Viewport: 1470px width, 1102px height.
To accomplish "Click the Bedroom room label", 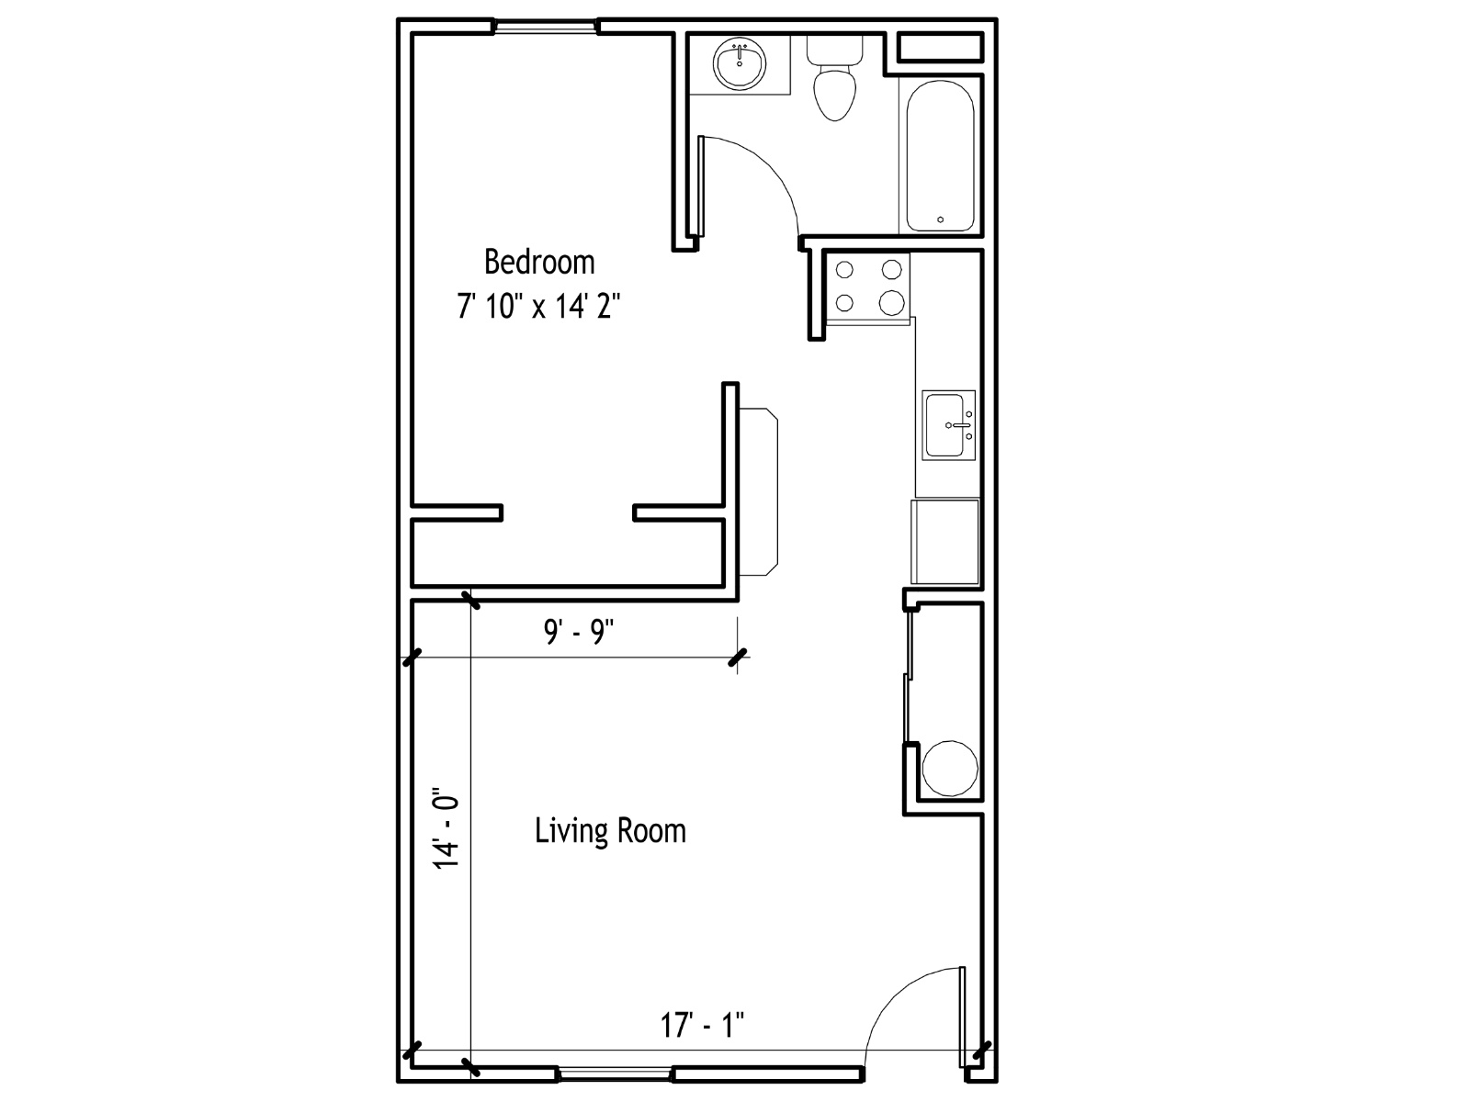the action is tap(539, 262).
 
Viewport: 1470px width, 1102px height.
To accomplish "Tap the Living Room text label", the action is tap(610, 830).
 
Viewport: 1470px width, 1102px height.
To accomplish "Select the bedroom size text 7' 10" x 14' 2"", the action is tap(538, 307).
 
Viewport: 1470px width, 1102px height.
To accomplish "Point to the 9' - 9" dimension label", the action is tap(579, 631).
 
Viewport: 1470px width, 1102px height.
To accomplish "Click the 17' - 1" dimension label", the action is tap(703, 1024).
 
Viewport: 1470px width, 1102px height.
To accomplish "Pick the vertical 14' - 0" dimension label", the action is tap(446, 827).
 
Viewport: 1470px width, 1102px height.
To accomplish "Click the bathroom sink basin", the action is tap(740, 63).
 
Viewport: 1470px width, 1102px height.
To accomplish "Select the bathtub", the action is tap(940, 156).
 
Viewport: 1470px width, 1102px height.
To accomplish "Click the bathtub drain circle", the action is tap(940, 219).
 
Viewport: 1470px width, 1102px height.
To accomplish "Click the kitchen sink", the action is tap(949, 425).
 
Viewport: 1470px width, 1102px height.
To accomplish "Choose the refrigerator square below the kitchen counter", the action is tap(945, 542).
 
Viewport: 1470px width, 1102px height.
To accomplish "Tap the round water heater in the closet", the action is tap(950, 768).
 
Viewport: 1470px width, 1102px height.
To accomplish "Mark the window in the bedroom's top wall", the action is tap(546, 28).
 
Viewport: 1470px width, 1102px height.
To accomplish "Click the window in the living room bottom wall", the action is tap(615, 1074).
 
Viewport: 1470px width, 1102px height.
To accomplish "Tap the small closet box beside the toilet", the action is tap(940, 48).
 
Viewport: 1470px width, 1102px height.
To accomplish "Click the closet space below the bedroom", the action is tap(568, 554).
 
